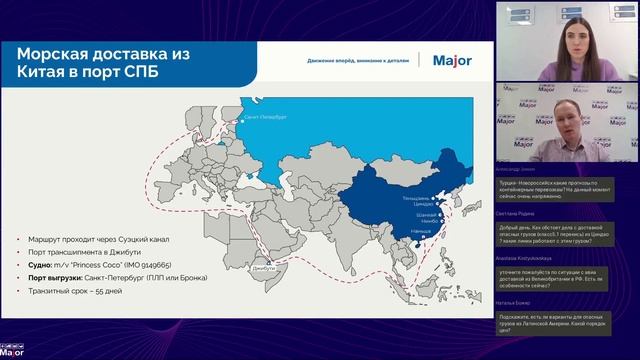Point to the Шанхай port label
[426, 215]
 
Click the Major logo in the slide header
[452, 59]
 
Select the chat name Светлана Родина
[516, 213]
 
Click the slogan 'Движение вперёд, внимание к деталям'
[358, 59]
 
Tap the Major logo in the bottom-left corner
[12, 351]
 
